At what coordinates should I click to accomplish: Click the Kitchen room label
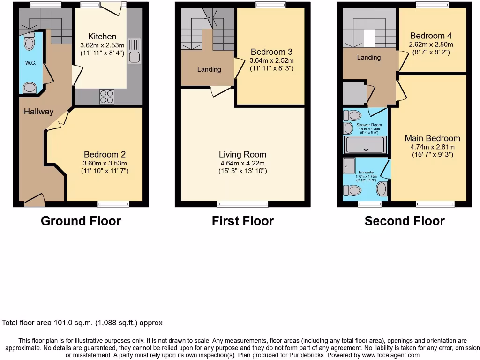pyautogui.click(x=102, y=37)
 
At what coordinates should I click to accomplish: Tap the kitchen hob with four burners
pyautogui.click(x=106, y=96)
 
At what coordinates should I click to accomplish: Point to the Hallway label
pyautogui.click(x=39, y=112)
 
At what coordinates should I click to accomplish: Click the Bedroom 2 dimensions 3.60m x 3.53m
pyautogui.click(x=104, y=163)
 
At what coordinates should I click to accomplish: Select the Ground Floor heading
pyautogui.click(x=81, y=221)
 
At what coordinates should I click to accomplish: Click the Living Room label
pyautogui.click(x=242, y=154)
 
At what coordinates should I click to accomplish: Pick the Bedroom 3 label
pyautogui.click(x=271, y=52)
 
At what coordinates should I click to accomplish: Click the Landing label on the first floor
pyautogui.click(x=209, y=69)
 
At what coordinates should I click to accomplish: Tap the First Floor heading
pyautogui.click(x=242, y=221)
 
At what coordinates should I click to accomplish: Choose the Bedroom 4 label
pyautogui.click(x=427, y=36)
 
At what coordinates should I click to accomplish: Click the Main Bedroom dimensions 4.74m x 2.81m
pyautogui.click(x=433, y=146)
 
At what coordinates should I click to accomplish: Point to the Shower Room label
pyautogui.click(x=369, y=125)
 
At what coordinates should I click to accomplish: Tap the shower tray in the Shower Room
pyautogui.click(x=366, y=145)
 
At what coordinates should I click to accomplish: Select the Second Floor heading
pyautogui.click(x=404, y=221)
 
